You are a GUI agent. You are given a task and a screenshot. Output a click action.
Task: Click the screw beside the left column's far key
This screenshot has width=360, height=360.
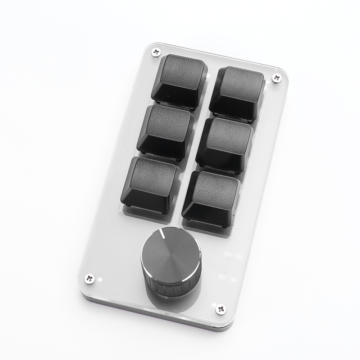tap(156, 53)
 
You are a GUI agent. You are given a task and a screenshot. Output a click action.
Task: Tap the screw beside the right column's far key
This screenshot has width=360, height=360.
tap(276, 77)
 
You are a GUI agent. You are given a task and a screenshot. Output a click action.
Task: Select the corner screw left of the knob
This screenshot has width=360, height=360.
tap(90, 278)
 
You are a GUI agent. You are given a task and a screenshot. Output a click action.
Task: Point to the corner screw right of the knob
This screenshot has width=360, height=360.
tap(220, 309)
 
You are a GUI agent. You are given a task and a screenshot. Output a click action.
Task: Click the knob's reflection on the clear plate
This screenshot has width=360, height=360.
tap(169, 306)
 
